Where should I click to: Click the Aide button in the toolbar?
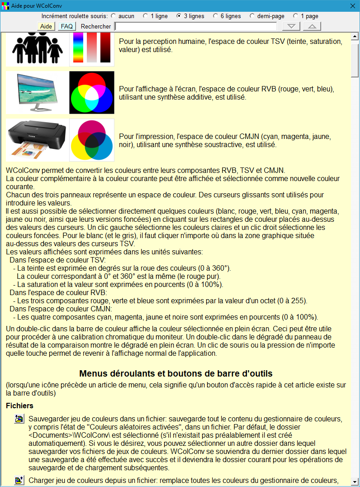tap(46, 26)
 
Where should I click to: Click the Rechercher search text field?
tap(195, 26)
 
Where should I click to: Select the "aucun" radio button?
tap(113, 16)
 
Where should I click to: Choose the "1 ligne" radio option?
tap(146, 16)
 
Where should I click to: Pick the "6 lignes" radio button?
tap(215, 16)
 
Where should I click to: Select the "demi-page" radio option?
tap(252, 16)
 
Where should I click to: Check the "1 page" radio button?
tap(295, 16)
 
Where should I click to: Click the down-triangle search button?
tap(294, 26)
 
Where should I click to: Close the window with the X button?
tap(353, 5)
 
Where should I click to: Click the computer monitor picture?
tap(37, 92)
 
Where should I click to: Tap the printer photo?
tap(37, 139)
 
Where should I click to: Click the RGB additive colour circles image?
tap(92, 92)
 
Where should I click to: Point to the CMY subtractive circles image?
tap(92, 140)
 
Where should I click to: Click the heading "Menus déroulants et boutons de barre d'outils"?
tap(176, 373)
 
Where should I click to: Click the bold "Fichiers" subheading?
tap(19, 406)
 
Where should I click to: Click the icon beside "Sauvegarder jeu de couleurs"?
tap(19, 419)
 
